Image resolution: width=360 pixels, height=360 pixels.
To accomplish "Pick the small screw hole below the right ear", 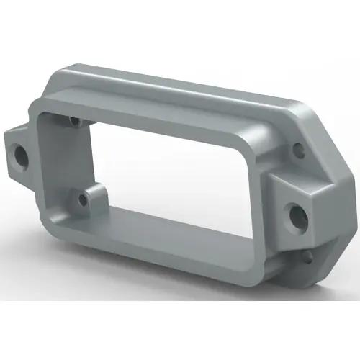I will point(308,256).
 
